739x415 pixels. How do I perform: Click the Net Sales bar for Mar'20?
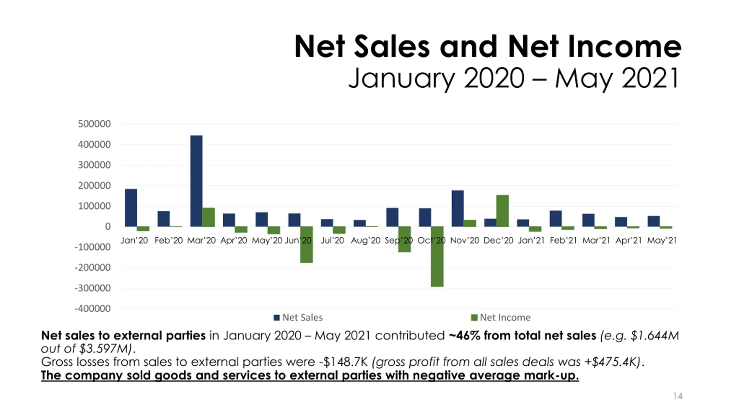(196, 181)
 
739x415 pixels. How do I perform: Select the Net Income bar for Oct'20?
(437, 256)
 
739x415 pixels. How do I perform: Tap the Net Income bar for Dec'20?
(502, 211)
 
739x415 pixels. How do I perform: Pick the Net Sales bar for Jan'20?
(131, 207)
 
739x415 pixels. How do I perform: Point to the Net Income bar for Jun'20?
(306, 244)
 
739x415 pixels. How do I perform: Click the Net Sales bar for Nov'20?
(458, 208)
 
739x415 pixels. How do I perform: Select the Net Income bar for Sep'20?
(404, 239)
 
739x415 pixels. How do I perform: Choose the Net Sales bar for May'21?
(654, 221)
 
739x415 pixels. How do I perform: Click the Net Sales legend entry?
(298, 317)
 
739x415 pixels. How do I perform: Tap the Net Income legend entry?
(501, 317)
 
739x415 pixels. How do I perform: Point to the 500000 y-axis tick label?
(94, 124)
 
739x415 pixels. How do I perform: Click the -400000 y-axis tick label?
(93, 309)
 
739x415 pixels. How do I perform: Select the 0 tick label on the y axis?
(108, 227)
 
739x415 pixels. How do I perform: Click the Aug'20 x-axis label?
(365, 240)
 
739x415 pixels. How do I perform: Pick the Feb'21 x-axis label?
(563, 240)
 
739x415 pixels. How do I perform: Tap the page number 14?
(678, 396)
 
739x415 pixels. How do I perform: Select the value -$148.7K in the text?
(343, 362)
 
